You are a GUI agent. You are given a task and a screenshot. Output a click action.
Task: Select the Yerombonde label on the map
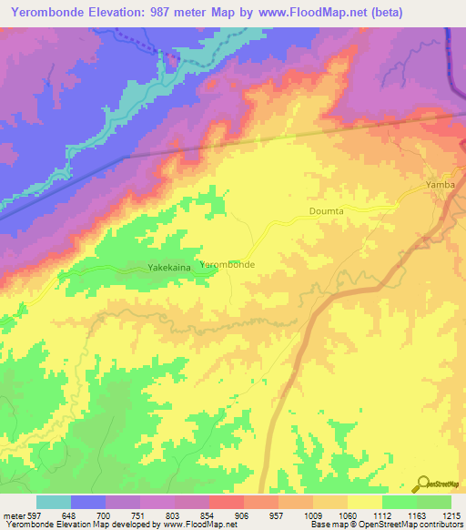(x=227, y=264)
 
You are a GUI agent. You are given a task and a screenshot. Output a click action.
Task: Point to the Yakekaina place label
(x=169, y=269)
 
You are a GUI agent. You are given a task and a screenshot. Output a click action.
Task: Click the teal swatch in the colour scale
(x=54, y=502)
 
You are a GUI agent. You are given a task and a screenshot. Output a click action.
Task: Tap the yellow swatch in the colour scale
(x=364, y=502)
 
